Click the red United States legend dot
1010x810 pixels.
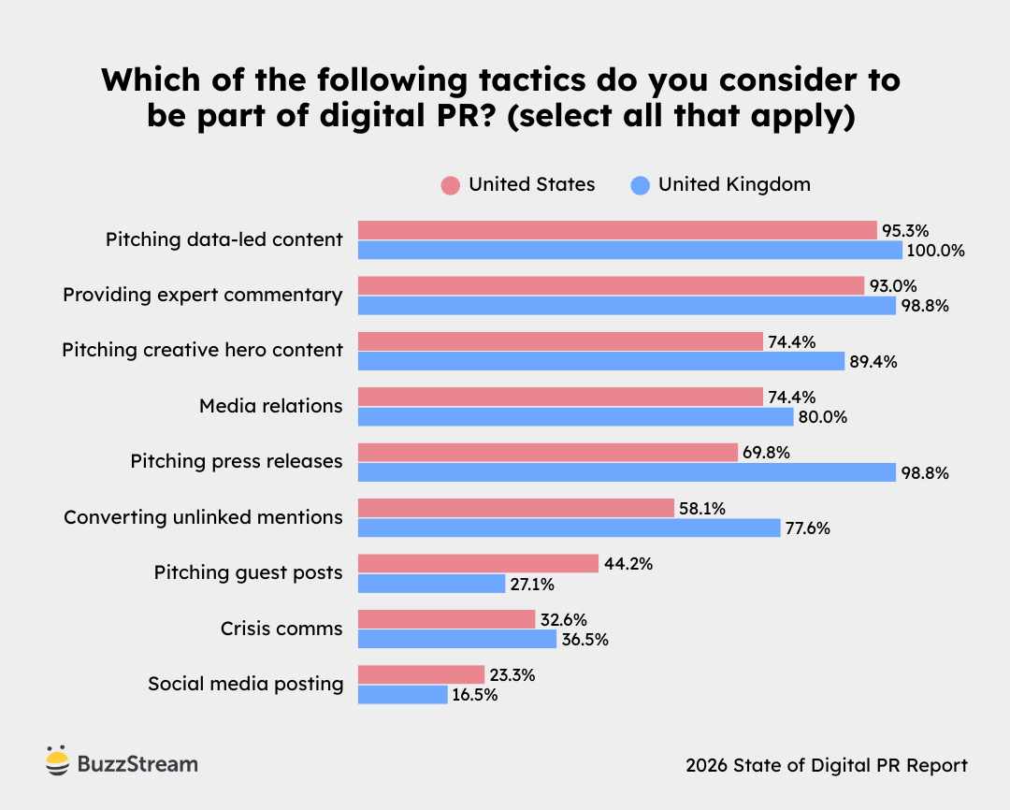(451, 185)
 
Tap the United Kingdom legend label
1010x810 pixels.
(734, 184)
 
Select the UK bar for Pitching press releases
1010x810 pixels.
(627, 472)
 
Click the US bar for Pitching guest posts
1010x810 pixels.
(478, 563)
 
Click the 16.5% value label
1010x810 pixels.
(476, 695)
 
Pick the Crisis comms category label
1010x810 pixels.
(281, 629)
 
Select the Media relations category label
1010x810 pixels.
(270, 406)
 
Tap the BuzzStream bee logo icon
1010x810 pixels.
(58, 762)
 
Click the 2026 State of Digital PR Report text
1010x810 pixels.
(826, 765)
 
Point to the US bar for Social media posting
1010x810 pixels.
(421, 674)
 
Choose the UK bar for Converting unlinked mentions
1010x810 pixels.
(569, 528)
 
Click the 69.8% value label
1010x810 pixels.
(767, 453)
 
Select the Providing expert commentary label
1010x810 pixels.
(202, 295)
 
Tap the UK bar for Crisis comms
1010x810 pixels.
(457, 639)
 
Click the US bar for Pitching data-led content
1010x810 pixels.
(617, 230)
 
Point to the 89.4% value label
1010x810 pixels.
(872, 362)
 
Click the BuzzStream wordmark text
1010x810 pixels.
(137, 764)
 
